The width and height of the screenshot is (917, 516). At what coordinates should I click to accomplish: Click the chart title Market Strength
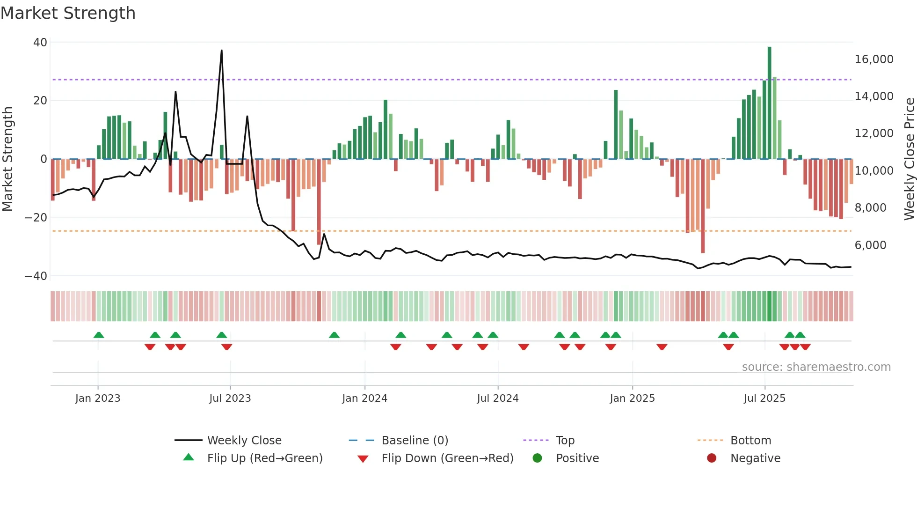pos(68,13)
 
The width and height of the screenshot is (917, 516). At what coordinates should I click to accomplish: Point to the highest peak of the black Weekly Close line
pos(221,51)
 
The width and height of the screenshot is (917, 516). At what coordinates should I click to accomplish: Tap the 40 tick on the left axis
pos(40,43)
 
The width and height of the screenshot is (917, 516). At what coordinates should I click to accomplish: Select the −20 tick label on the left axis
pos(36,218)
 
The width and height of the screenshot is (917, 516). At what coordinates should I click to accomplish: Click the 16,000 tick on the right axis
pos(873,59)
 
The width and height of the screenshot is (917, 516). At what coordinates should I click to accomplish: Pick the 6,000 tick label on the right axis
pos(870,245)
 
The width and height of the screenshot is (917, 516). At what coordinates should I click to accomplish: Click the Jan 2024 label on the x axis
pos(364,398)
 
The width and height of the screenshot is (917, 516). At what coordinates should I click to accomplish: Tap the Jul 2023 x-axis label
pos(230,398)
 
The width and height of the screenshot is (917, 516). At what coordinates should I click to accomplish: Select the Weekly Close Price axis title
pos(909,159)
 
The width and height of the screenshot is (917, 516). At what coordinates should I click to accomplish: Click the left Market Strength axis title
pos(7,159)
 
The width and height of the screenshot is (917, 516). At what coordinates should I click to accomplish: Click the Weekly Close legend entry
pos(244,441)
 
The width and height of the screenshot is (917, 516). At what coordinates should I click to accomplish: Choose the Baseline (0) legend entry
pos(415,441)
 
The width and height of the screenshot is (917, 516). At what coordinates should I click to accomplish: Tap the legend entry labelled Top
pos(565,441)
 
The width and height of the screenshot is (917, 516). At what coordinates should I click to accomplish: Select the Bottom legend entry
pos(750,441)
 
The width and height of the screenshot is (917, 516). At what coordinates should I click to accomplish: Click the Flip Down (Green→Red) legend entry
pos(447,458)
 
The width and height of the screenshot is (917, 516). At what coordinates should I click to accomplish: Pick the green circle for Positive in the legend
pos(537,458)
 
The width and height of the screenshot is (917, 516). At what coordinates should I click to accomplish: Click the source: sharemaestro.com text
pos(816,367)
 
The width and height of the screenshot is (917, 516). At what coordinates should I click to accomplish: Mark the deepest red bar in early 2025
pos(703,206)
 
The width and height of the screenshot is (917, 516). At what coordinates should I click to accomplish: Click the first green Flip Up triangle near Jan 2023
pos(99,335)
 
